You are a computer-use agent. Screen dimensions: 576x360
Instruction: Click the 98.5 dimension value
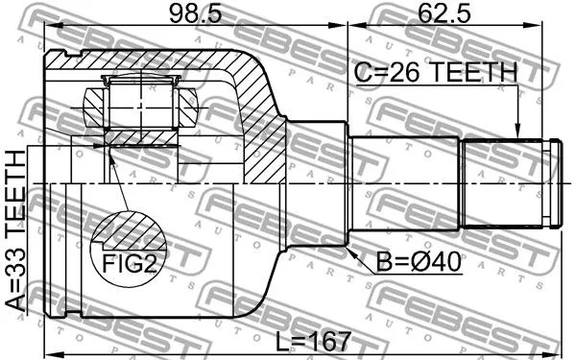click(x=196, y=13)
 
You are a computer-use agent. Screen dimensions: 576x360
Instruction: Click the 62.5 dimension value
click(x=444, y=13)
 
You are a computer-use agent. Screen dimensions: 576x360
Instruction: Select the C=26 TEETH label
click(x=435, y=72)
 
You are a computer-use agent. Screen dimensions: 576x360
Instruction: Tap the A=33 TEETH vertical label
click(x=15, y=231)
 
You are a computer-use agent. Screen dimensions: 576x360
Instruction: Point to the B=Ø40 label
click(x=419, y=263)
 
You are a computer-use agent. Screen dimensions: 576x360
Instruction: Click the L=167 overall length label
click(x=313, y=341)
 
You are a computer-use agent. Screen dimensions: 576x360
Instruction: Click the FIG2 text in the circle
click(x=129, y=263)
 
